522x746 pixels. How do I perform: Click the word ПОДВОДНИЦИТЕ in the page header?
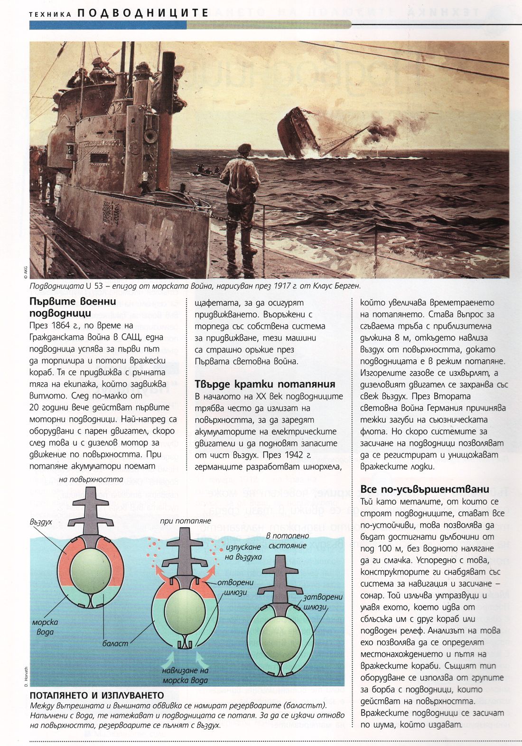(142, 13)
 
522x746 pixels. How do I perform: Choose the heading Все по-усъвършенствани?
(424, 489)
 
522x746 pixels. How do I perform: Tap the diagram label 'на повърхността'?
(91, 479)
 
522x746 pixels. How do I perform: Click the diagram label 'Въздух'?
(41, 522)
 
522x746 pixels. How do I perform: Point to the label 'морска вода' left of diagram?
(45, 627)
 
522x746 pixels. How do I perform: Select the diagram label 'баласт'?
(115, 644)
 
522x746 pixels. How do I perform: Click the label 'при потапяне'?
(186, 521)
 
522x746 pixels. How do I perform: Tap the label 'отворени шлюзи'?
(236, 587)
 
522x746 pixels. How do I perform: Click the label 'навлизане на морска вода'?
(185, 675)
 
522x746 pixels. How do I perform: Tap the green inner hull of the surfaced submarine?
(91, 569)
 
